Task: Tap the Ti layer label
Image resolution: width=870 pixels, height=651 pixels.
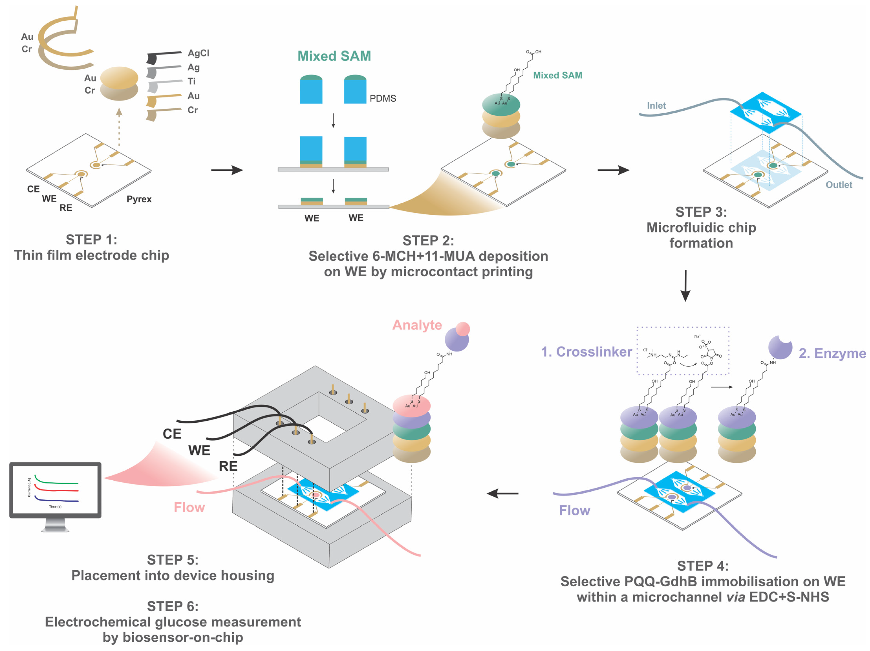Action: tap(191, 82)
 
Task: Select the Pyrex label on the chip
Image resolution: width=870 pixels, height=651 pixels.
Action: tap(139, 199)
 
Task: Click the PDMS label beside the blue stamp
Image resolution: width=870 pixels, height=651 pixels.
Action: tap(383, 98)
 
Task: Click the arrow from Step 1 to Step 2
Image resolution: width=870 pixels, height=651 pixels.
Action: tap(227, 170)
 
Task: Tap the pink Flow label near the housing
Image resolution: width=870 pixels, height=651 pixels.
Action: tap(189, 507)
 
